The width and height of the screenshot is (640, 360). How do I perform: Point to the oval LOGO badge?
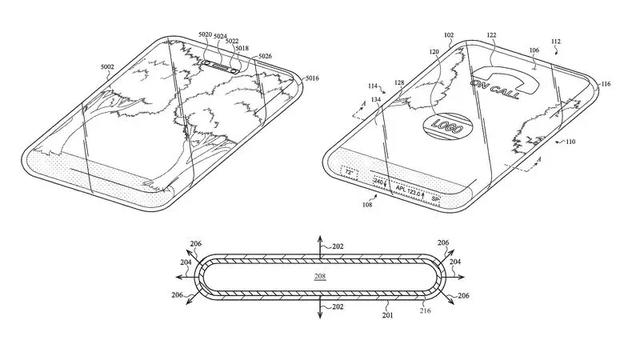[x=441, y=126]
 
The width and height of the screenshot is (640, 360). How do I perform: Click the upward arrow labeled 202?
[x=319, y=241]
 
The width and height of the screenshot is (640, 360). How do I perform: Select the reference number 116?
[x=606, y=87]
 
